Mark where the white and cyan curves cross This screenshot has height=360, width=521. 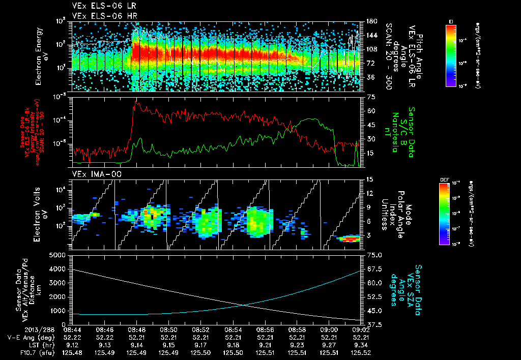246,305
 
